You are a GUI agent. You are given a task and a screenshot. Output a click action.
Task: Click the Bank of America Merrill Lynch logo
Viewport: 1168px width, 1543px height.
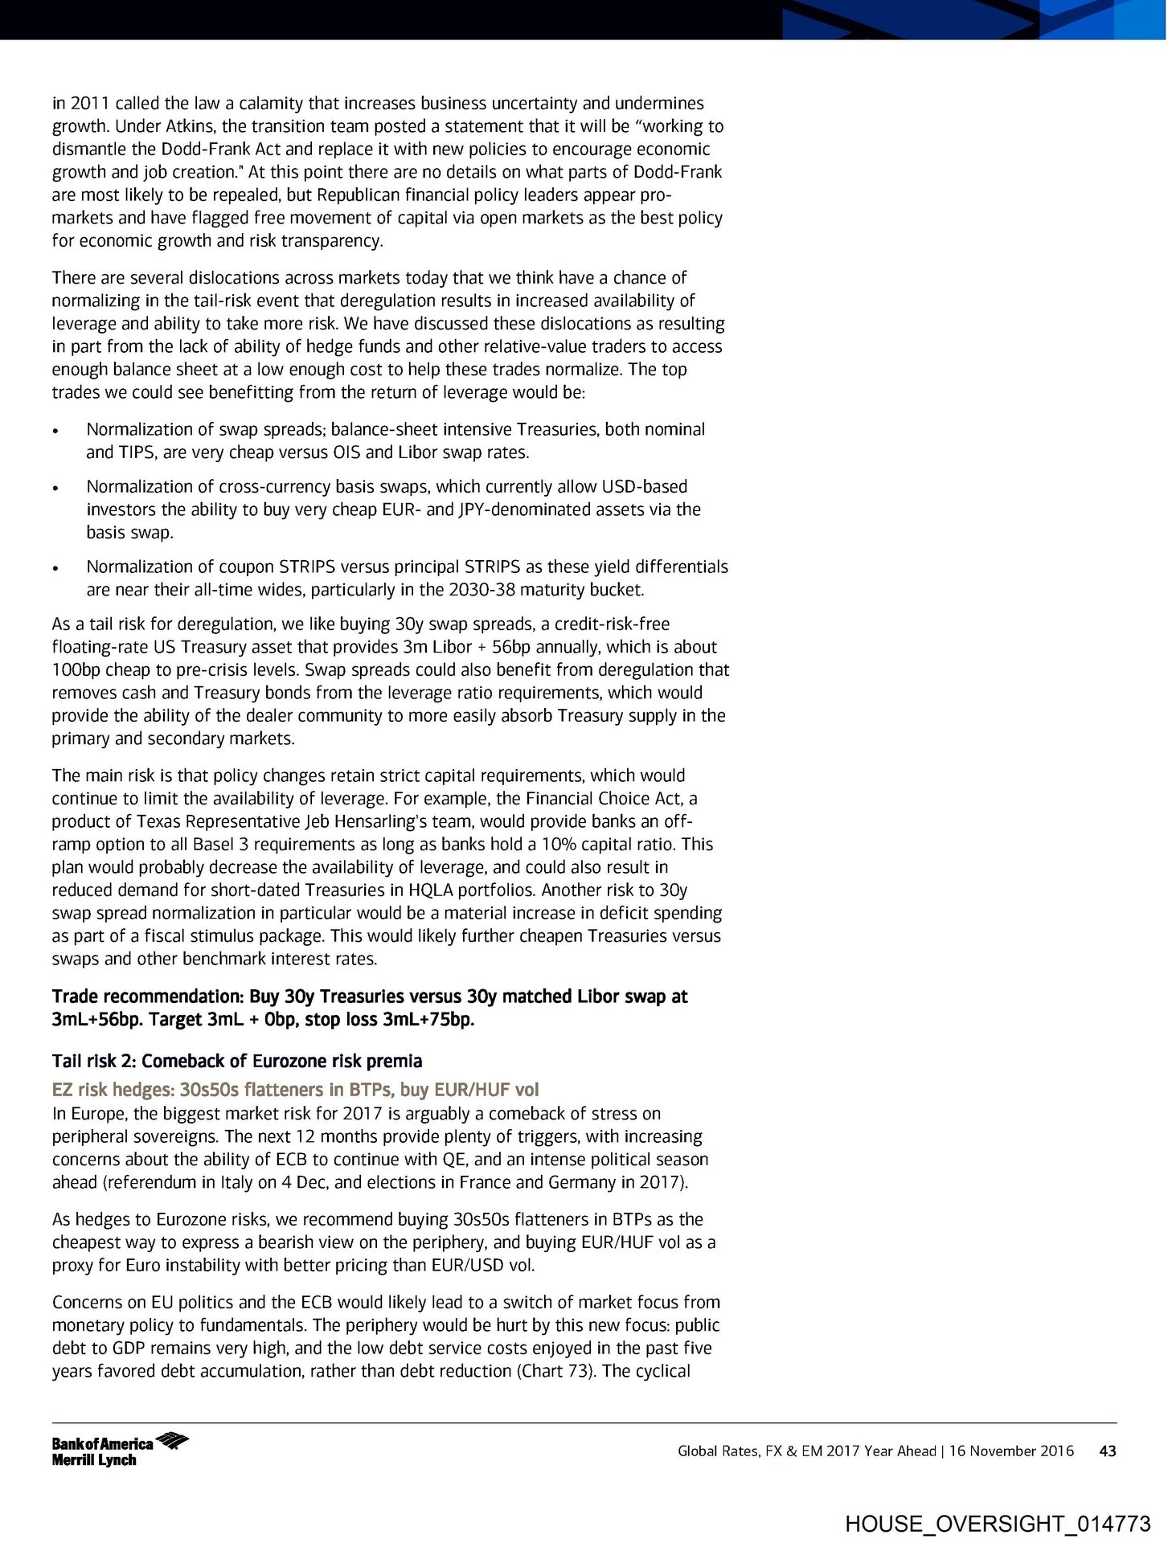120,1449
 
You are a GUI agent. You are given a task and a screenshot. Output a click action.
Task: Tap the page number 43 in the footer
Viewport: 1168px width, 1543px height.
1107,1451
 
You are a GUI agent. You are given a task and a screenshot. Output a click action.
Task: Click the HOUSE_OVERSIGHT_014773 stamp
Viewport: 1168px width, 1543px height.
998,1524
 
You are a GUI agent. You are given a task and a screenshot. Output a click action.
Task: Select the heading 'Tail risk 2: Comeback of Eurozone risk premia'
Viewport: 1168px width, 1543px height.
237,1061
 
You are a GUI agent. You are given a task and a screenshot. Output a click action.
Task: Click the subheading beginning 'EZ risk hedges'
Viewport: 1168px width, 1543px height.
295,1090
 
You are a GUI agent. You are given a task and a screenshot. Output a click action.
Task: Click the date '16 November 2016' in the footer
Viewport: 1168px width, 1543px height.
1010,1451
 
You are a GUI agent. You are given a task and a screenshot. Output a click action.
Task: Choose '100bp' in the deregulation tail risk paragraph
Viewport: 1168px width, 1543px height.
76,670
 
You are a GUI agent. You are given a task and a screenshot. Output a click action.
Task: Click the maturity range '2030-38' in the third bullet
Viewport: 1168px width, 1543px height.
481,590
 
